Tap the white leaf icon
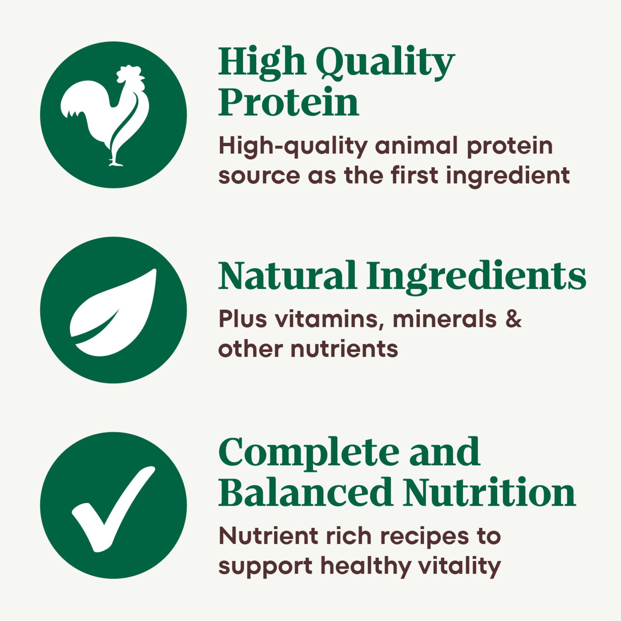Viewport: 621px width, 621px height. click(x=113, y=312)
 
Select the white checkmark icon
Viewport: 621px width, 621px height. click(x=113, y=509)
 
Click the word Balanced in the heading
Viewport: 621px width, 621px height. click(x=305, y=492)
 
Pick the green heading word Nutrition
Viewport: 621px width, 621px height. click(x=489, y=492)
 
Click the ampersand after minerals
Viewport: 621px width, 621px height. click(x=513, y=319)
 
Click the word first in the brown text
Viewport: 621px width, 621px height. click(x=415, y=175)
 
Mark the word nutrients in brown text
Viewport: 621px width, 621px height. click(x=344, y=349)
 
